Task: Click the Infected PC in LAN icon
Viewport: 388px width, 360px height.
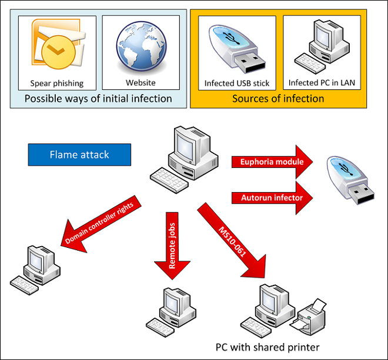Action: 320,47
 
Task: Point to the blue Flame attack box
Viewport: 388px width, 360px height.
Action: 79,155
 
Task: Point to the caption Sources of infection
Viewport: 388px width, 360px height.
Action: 277,98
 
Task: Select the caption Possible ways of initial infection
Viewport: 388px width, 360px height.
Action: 98,98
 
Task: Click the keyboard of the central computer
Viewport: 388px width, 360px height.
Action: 168,176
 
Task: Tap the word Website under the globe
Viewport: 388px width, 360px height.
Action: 141,83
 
